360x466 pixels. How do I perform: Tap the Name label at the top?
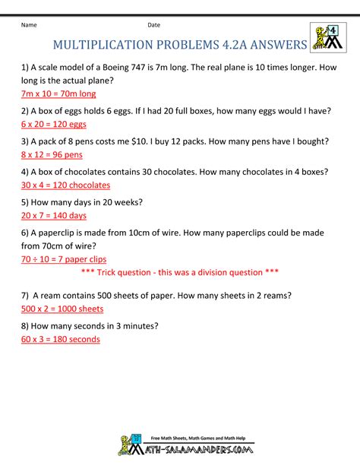(30, 25)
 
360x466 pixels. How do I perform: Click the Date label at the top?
(154, 25)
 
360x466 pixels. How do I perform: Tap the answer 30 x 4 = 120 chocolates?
(66, 185)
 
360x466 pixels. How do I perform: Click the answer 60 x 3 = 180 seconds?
(61, 339)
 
